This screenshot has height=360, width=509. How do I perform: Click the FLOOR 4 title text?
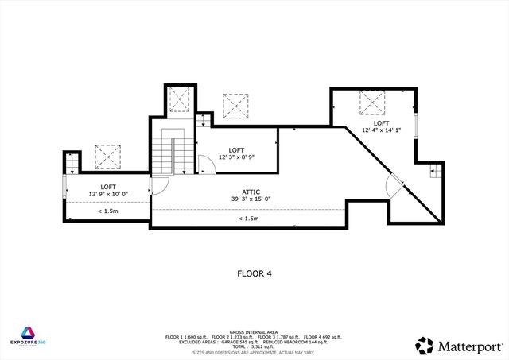[x=254, y=273]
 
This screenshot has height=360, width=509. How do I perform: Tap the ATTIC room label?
[x=251, y=192]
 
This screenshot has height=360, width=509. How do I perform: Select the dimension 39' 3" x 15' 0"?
[x=251, y=199]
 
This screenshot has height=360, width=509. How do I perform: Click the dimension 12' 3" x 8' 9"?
[x=236, y=157]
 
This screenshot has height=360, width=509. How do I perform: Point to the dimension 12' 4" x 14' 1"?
[x=381, y=130]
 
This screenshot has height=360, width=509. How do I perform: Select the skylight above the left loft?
[x=107, y=156]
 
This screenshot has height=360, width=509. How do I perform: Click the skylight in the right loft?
[x=372, y=103]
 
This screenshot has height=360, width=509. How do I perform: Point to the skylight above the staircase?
[x=180, y=100]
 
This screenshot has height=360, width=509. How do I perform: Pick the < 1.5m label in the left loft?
[x=108, y=211]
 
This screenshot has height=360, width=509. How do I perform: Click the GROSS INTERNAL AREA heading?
[x=253, y=331]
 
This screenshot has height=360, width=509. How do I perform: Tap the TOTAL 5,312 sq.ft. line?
[x=253, y=347]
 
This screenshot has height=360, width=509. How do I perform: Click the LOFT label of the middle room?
[x=236, y=150]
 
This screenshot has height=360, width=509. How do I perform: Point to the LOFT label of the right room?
[x=381, y=123]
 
